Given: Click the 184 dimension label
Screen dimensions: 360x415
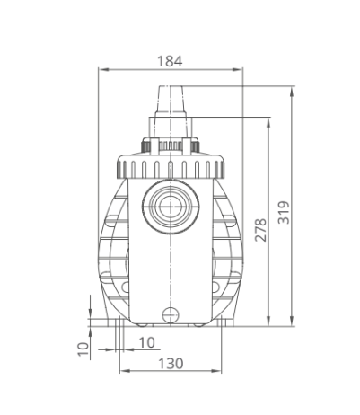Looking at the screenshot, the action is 170,61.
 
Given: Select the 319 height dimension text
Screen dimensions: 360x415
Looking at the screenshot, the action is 284,212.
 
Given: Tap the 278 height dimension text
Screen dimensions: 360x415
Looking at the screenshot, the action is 260,230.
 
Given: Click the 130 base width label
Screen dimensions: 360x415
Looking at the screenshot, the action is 171,364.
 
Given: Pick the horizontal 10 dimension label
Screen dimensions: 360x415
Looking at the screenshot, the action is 146,342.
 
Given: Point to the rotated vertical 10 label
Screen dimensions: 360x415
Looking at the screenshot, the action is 83,349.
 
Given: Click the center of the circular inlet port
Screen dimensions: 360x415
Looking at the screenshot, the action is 171,207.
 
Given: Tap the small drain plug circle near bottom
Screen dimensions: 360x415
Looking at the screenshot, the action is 171,315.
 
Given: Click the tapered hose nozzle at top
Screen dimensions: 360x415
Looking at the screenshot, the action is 170,102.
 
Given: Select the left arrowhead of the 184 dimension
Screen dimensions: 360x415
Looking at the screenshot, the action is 103,69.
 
